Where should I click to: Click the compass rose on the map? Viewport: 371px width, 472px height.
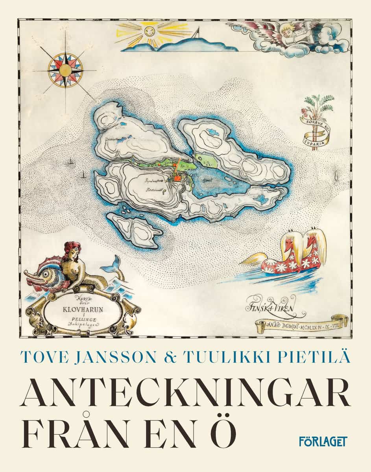click(x=65, y=70)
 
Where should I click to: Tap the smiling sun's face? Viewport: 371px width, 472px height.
click(x=149, y=30)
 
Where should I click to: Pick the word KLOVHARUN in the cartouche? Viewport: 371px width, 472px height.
click(x=83, y=310)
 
